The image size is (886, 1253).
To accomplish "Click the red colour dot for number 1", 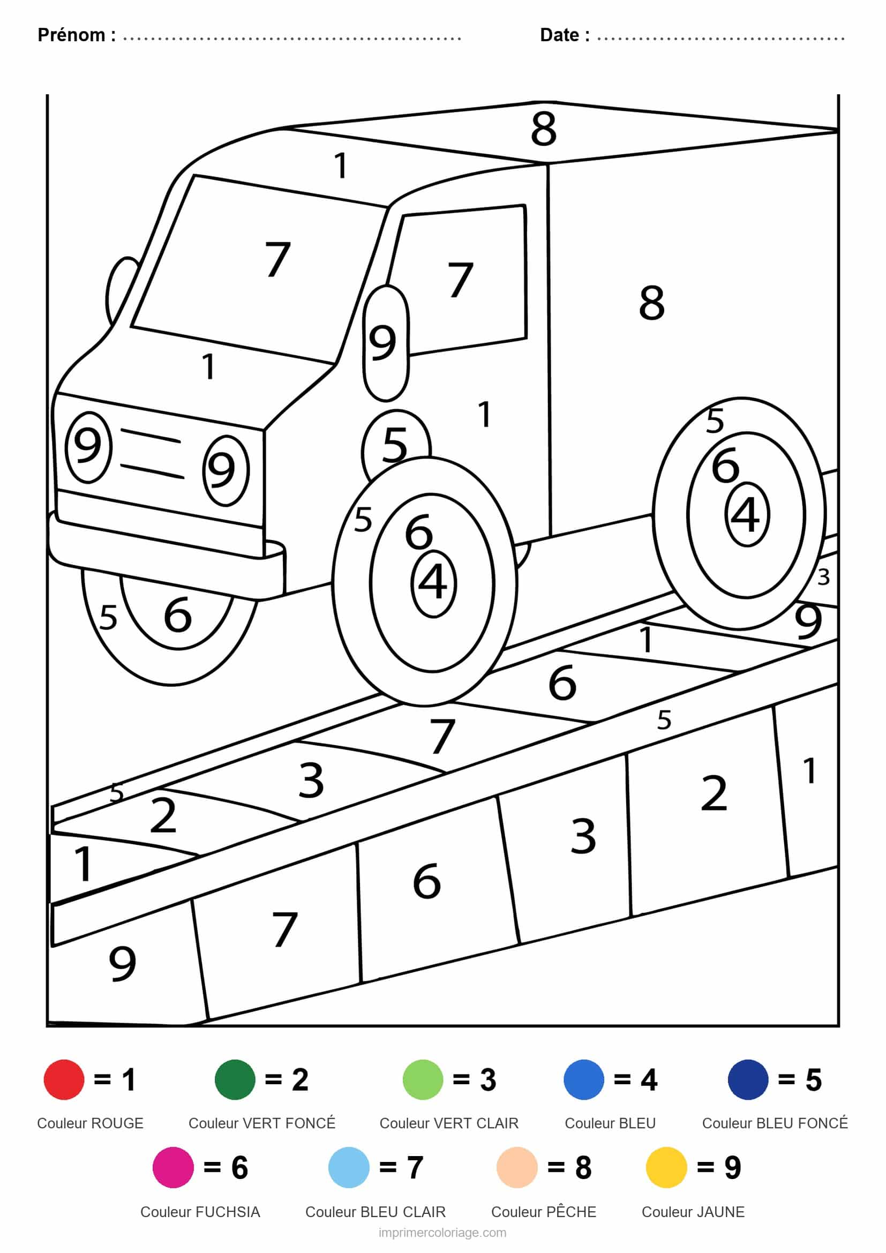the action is point(64,1079).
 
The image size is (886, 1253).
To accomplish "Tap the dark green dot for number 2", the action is point(235,1079).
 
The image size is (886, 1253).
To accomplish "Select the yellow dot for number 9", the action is point(666,1167).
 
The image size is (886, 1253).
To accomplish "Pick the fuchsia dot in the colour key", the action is point(173,1167).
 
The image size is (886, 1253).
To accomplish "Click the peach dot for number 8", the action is point(516,1167).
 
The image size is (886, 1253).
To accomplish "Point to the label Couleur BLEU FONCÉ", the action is point(775,1123).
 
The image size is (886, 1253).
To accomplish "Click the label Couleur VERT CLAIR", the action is point(449,1123).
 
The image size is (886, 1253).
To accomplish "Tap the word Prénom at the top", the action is point(71,35).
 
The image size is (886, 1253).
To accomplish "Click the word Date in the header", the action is point(559,35).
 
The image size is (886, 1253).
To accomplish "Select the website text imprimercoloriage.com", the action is point(442,1233).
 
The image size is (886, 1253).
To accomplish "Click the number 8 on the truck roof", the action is point(544,129).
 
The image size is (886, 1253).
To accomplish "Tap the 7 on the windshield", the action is point(277,259).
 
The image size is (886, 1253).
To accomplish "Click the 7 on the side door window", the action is point(460,280).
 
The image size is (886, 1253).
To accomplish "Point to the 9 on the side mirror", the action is point(382,343).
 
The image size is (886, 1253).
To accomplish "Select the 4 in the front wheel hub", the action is point(433,582).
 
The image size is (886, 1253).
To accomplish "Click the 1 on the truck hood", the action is point(208,366).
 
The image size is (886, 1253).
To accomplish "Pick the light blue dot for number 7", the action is point(349,1167).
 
